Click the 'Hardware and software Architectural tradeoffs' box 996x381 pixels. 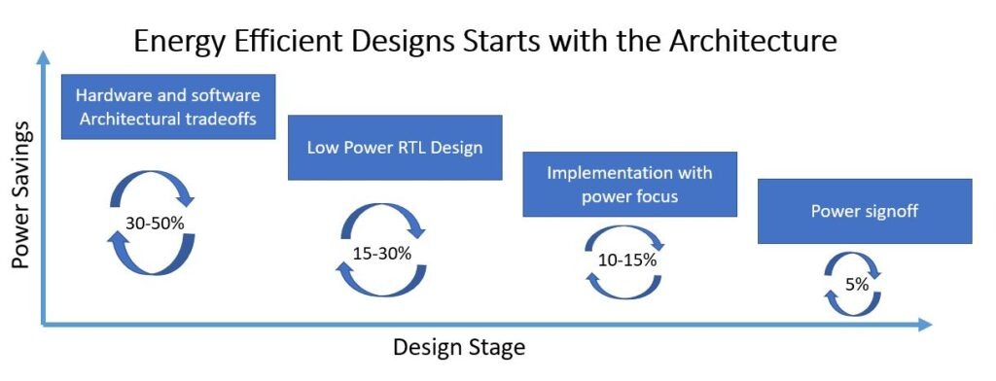[x=168, y=107]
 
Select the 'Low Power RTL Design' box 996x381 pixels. [x=395, y=148]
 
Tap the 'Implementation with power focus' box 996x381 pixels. [x=630, y=184]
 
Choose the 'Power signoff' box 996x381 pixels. [x=865, y=212]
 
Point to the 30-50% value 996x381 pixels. [x=153, y=223]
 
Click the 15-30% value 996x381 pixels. [x=382, y=253]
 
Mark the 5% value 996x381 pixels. [x=857, y=285]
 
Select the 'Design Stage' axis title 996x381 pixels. [x=459, y=347]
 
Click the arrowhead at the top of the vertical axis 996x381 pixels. [x=43, y=57]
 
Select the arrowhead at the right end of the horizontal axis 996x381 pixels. [x=924, y=325]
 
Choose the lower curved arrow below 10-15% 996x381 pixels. [x=623, y=288]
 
